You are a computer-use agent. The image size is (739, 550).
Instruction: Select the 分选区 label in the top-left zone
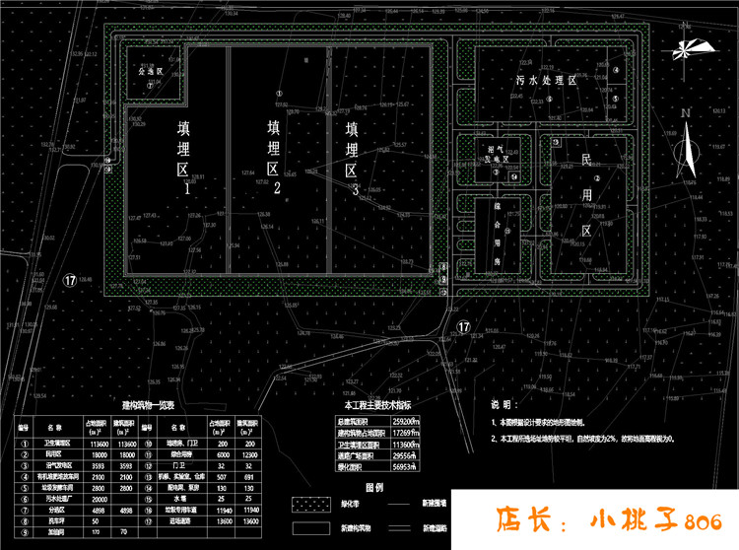[148, 72]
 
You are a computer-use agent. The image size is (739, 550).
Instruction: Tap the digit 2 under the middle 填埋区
[278, 187]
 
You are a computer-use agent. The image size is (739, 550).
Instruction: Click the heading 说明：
[503, 404]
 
